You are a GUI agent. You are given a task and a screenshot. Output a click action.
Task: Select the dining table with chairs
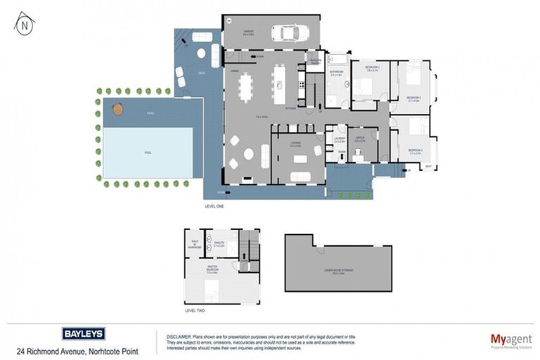click(246, 88)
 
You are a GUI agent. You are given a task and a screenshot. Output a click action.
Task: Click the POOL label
click(148, 152)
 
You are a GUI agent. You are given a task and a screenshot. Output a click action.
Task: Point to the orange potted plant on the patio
click(117, 109)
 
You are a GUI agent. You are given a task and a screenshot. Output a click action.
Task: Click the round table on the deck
click(200, 53)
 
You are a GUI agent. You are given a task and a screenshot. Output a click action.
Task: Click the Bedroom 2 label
click(373, 68)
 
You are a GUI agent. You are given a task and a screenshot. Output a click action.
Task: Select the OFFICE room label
click(359, 139)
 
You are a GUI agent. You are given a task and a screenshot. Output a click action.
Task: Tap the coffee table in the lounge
click(300, 157)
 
